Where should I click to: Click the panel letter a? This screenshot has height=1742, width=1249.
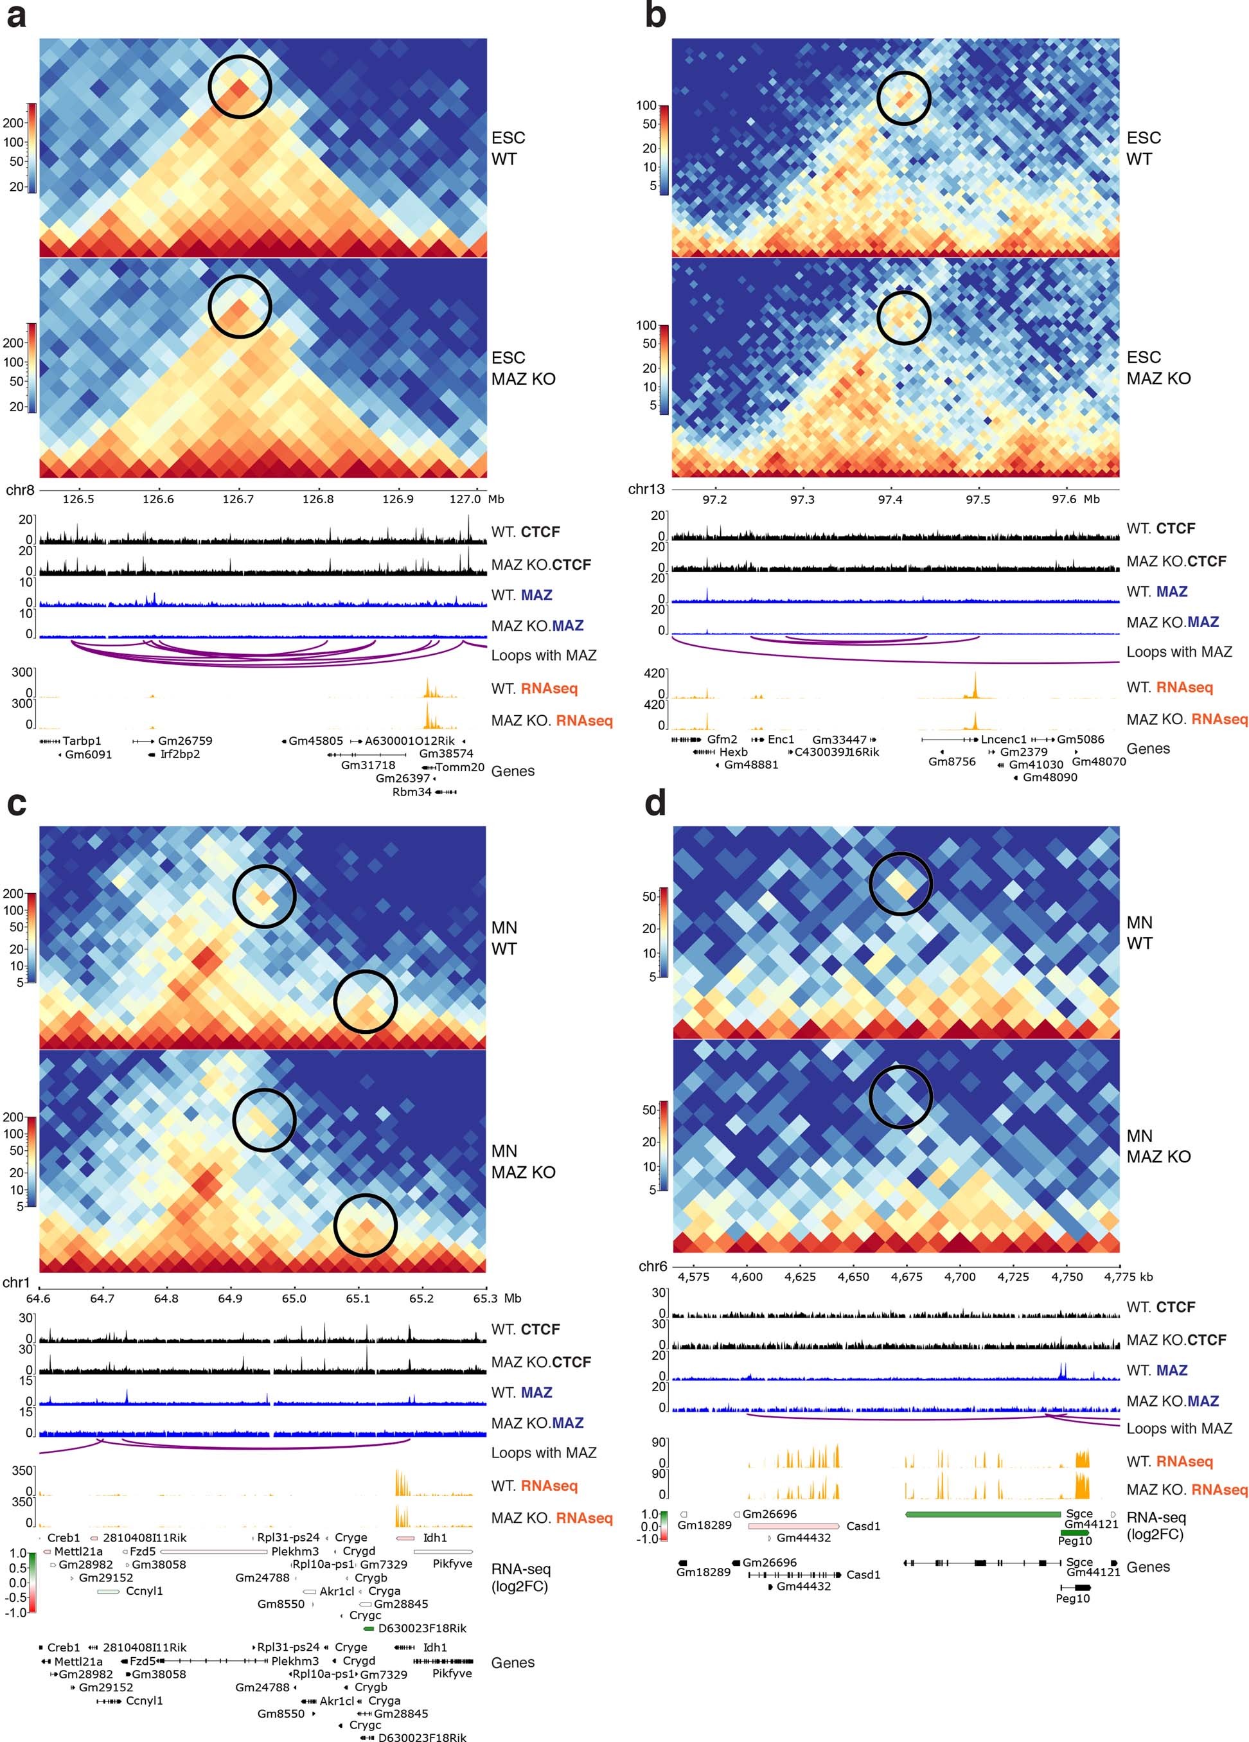point(15,15)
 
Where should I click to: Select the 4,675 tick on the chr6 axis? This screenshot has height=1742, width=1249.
point(907,1277)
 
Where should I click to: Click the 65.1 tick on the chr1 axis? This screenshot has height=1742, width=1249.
point(357,1299)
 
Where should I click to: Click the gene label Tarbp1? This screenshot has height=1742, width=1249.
point(82,741)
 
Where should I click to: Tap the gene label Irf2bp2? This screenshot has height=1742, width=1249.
point(180,754)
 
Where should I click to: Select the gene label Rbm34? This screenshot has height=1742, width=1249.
point(412,792)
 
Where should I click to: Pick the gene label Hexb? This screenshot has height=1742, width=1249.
point(734,752)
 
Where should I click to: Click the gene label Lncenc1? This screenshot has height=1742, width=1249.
point(1003,740)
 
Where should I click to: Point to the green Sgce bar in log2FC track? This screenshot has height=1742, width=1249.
point(982,1515)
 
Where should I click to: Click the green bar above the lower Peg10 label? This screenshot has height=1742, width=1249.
point(1075,1533)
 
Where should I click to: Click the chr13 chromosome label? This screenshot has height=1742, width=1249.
point(646,489)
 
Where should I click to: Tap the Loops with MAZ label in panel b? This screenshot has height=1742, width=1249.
point(1178,652)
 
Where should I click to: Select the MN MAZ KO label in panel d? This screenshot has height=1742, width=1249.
point(1158,1146)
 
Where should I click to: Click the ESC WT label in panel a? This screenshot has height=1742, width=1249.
point(508,148)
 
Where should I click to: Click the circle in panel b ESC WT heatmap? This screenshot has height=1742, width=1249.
point(903,98)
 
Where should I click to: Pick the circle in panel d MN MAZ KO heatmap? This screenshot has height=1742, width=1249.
point(900,1097)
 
